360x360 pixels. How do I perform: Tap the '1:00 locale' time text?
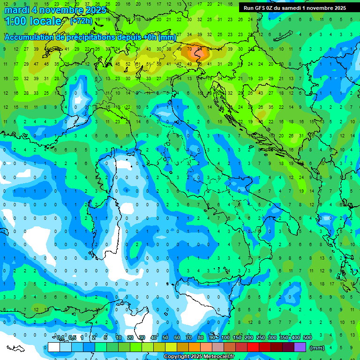point(33,21)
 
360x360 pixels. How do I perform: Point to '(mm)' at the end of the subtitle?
point(167,37)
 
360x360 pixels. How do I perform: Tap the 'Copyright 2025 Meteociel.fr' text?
point(199,357)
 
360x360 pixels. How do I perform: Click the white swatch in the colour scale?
point(54,347)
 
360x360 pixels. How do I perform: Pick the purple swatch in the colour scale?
point(300,347)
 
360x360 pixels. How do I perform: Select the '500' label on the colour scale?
point(307,338)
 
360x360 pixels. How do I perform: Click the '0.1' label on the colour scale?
point(60,338)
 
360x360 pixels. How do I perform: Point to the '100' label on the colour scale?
point(225,338)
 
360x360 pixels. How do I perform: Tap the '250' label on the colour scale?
point(261,338)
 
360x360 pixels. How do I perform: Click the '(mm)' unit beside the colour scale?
point(317,348)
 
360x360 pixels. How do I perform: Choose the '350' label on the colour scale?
point(284,338)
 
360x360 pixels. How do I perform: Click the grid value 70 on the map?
point(189,49)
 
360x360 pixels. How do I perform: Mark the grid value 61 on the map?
point(137,64)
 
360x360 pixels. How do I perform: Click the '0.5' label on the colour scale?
point(72,338)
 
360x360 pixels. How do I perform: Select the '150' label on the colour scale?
point(237,338)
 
